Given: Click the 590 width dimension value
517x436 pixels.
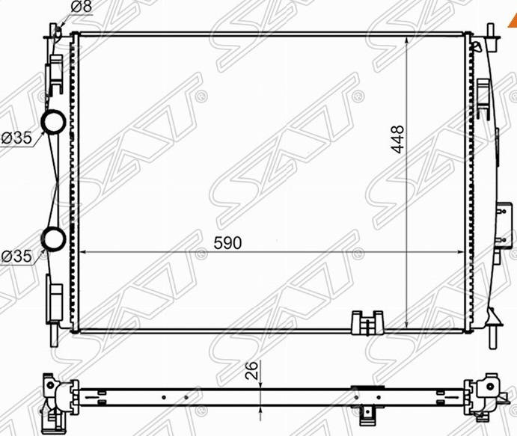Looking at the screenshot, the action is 227,243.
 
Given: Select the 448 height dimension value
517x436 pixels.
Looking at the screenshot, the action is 397,139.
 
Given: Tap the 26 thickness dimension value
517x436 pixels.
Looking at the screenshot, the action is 252,370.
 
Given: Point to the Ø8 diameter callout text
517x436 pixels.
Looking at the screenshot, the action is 82,7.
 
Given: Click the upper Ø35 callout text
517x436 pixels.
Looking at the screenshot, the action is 16,138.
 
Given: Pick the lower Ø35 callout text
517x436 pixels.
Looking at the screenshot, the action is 16,256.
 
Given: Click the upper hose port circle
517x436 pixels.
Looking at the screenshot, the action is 53,122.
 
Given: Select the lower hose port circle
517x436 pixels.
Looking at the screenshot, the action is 53,239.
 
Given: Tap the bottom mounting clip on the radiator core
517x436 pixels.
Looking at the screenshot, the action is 367,322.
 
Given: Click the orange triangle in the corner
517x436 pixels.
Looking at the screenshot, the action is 513,22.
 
